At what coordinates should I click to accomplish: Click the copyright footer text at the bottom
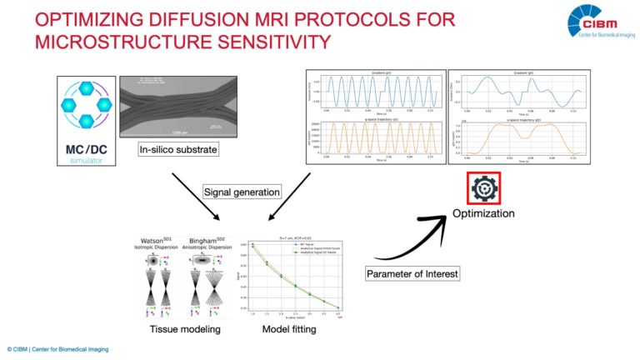coord(58,348)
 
